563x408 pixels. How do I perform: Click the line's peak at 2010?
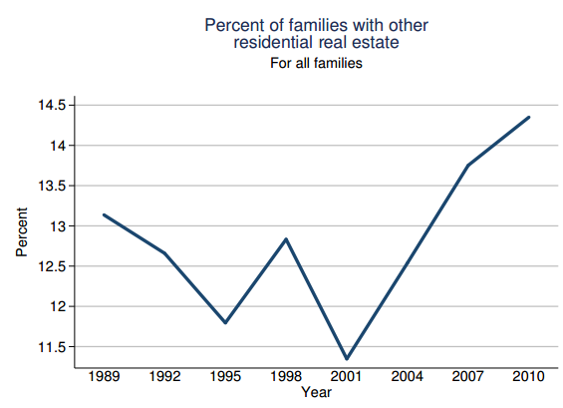point(529,117)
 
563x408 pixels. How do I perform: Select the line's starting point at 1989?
point(103,214)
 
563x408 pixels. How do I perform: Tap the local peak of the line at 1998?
point(285,239)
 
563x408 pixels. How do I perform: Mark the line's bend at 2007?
point(467,165)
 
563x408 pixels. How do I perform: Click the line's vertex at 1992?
point(163,253)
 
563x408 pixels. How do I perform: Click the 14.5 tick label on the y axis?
point(52,105)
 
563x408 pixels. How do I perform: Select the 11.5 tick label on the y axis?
point(52,347)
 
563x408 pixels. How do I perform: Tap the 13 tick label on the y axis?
point(59,226)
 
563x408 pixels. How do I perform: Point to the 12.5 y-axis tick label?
point(52,266)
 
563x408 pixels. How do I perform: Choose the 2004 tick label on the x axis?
point(407,377)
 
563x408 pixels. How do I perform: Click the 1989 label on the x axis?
point(103,377)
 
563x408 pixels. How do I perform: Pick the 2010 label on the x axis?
point(528,377)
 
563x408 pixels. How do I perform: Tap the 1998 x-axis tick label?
point(285,377)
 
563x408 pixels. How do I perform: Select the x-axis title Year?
point(316,393)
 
